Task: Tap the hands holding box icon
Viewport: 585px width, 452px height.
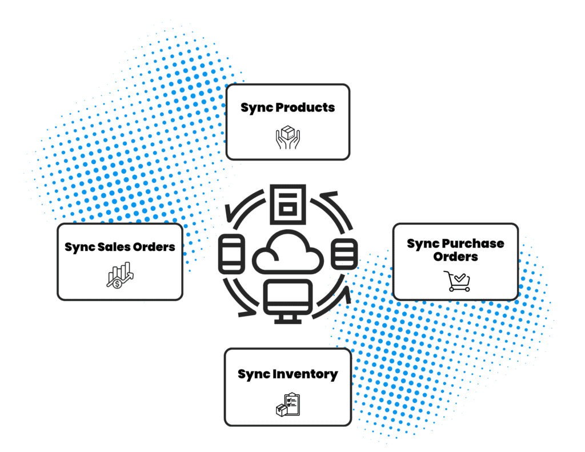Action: [x=288, y=138]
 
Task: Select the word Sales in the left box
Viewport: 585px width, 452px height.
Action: [x=110, y=247]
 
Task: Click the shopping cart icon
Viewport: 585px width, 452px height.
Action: [x=457, y=281]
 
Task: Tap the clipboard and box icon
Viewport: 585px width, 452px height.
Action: [x=288, y=404]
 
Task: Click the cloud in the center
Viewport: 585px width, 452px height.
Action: [x=287, y=253]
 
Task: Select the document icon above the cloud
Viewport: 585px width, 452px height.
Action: [x=287, y=204]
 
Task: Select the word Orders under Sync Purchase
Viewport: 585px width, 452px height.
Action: [x=455, y=257]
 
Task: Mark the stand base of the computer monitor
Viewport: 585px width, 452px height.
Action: [x=287, y=321]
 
